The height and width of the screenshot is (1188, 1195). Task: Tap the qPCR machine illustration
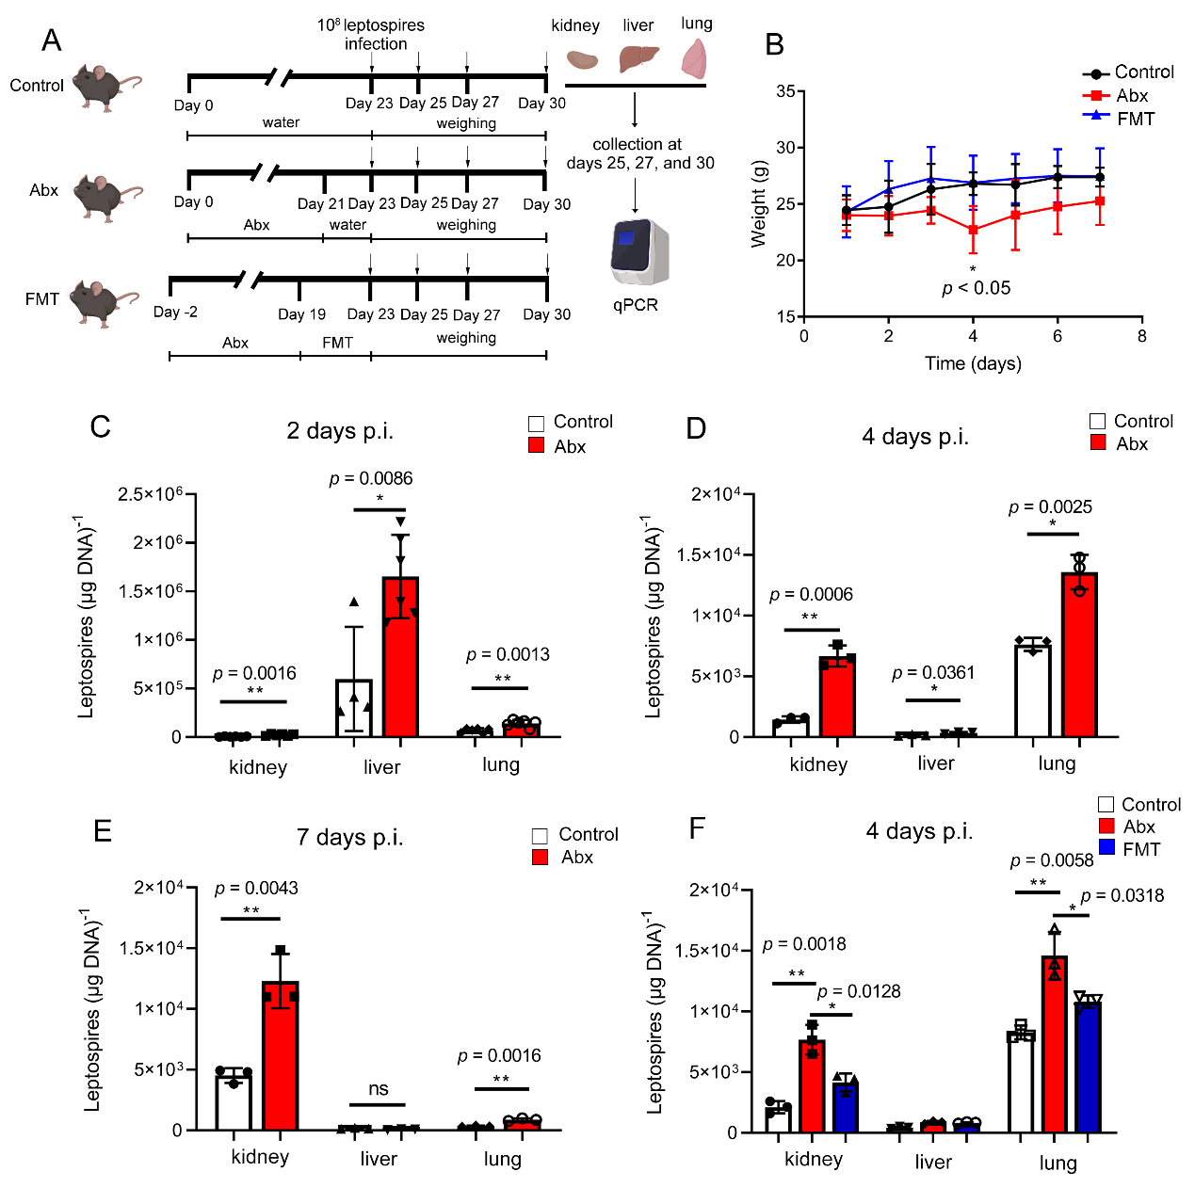click(638, 251)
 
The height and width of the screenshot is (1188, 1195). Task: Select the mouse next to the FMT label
click(104, 301)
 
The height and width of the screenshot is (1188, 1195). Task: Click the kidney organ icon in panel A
click(582, 59)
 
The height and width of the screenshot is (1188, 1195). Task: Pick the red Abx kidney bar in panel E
click(281, 1055)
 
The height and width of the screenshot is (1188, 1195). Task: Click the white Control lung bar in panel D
click(1033, 690)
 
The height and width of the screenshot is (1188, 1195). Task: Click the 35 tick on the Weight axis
click(784, 91)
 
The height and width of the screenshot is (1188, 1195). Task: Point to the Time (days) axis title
click(973, 363)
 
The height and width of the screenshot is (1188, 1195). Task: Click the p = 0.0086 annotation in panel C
click(371, 478)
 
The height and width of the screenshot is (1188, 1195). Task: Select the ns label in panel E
click(379, 1089)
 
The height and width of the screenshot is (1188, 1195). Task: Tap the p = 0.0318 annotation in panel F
click(1122, 895)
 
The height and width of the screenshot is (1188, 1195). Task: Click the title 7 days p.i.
click(349, 837)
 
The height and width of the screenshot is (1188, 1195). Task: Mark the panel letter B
click(774, 44)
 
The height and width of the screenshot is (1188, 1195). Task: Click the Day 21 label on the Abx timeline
click(321, 203)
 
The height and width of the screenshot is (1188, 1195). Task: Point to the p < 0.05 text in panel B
click(977, 288)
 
